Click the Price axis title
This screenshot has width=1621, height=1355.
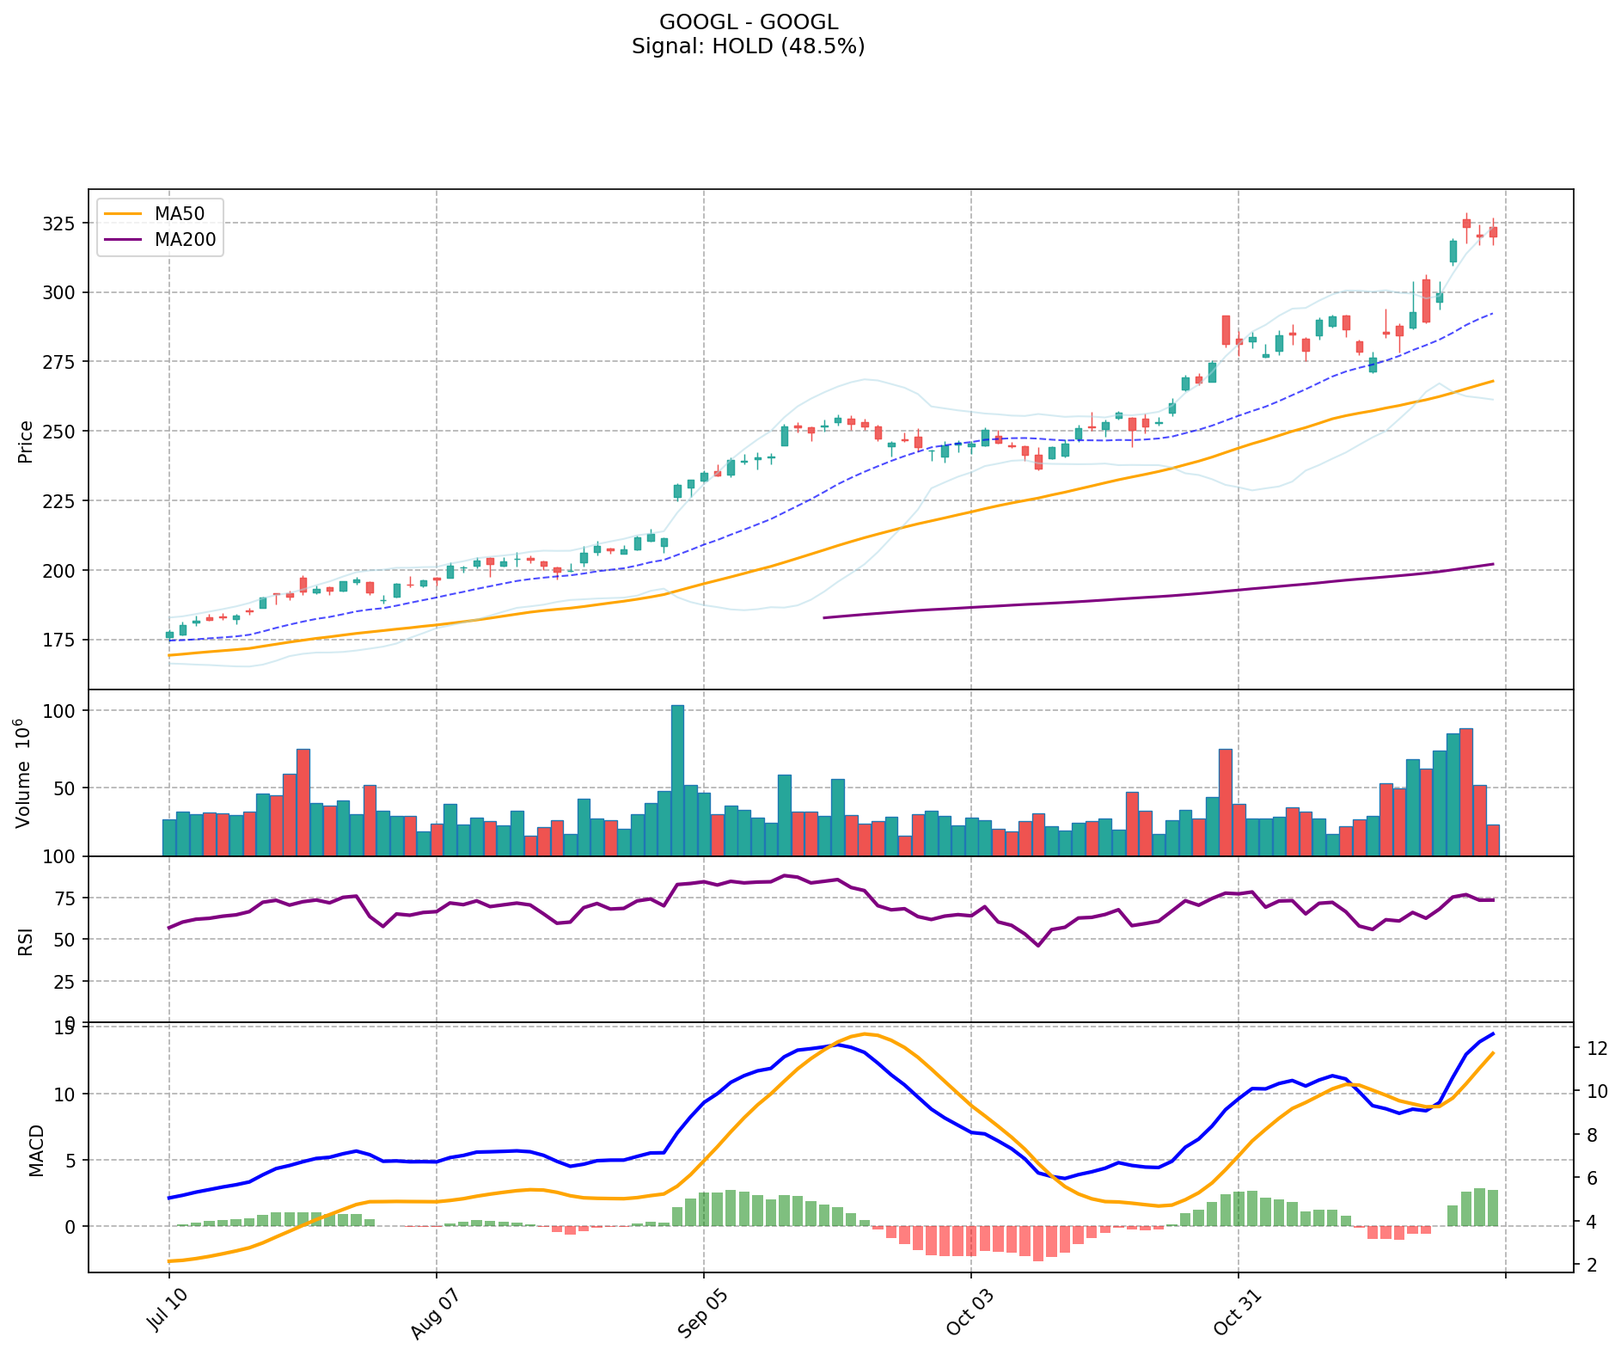pos(26,441)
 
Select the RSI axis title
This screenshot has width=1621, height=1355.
pos(26,941)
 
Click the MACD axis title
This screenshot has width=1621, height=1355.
pos(36,1150)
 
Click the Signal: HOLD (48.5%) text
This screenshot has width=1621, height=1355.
pos(748,46)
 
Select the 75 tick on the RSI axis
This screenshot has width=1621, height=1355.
pos(66,898)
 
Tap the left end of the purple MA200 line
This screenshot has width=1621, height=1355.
pos(824,617)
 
